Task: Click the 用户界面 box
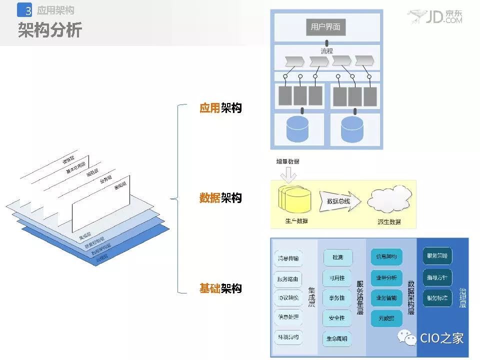point(325,27)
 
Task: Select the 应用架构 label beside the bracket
point(220,107)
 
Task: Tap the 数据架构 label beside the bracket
point(220,198)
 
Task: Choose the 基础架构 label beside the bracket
point(220,288)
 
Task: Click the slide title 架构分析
point(50,31)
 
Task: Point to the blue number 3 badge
point(25,10)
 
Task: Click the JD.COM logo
point(434,17)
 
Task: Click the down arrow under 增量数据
point(289,174)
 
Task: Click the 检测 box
point(337,257)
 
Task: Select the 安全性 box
point(337,317)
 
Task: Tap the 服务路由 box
point(288,278)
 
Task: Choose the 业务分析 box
point(386,277)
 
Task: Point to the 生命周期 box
point(337,338)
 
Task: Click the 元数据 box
point(386,317)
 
